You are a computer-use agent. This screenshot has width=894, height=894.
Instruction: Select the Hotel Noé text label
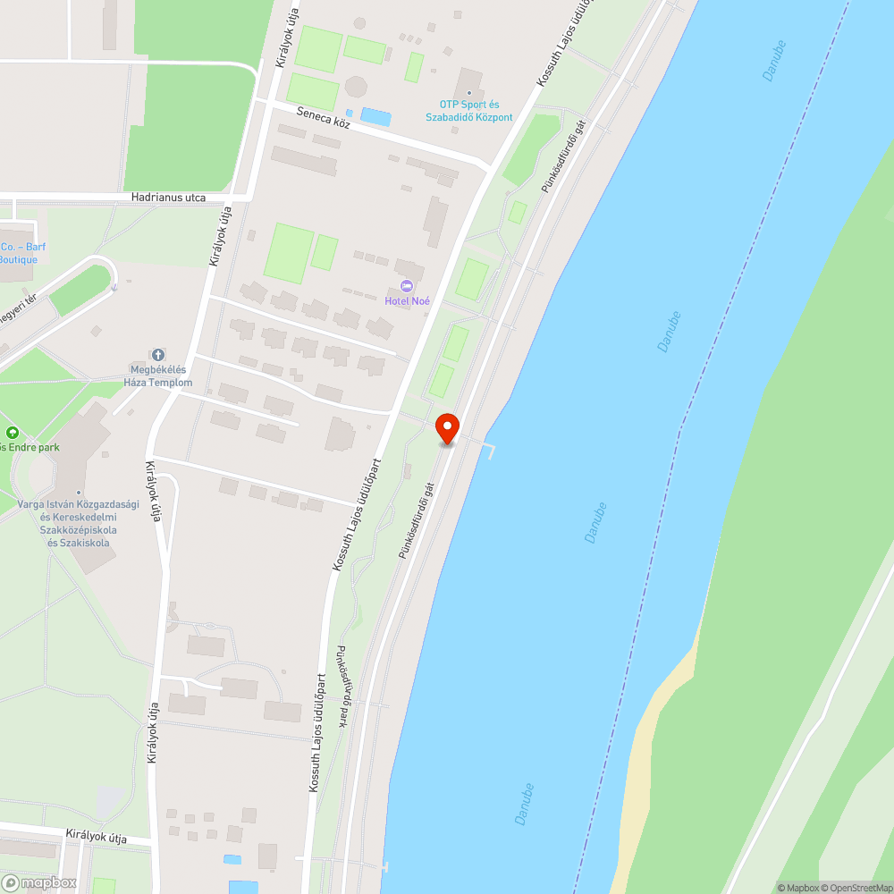click(x=407, y=301)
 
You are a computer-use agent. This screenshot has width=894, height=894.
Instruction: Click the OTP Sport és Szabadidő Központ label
click(x=469, y=111)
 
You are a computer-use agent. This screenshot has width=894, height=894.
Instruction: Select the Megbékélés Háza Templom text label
click(x=158, y=376)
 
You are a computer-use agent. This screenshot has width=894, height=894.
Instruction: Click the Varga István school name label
click(x=78, y=523)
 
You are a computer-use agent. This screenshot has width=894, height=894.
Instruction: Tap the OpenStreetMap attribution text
click(x=856, y=888)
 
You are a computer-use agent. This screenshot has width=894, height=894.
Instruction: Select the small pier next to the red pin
click(x=487, y=447)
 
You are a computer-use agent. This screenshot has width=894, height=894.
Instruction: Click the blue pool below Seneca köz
click(x=375, y=116)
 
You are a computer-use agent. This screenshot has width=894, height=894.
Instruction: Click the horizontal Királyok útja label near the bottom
click(x=96, y=838)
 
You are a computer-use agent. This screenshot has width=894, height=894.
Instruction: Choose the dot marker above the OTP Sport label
click(x=469, y=92)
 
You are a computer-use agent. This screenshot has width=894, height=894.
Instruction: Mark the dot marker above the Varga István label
click(x=79, y=493)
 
